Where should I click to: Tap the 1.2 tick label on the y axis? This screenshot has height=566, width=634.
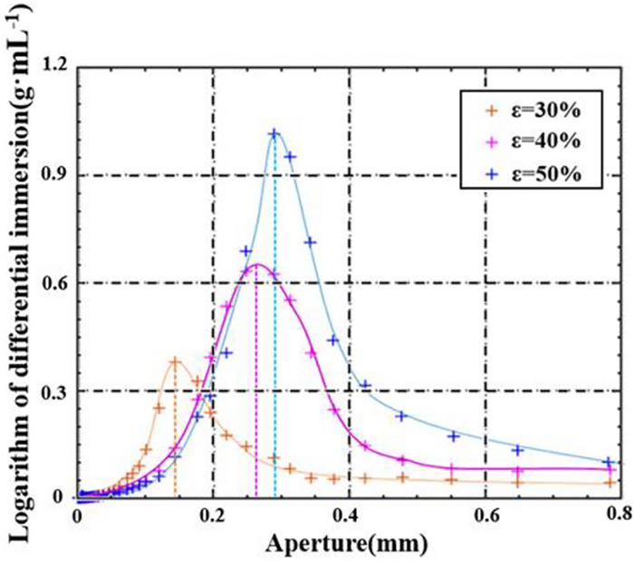tap(43, 68)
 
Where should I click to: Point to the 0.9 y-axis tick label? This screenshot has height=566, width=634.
tap(43, 176)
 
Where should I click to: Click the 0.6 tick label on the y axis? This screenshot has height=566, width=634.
tap(43, 283)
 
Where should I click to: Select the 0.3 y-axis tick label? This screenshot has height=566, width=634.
tap(43, 390)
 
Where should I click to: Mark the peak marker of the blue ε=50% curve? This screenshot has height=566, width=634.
tap(274, 134)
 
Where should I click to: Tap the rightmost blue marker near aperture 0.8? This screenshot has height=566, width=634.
tap(610, 461)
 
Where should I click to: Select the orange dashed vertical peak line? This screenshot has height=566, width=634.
tap(175, 435)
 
